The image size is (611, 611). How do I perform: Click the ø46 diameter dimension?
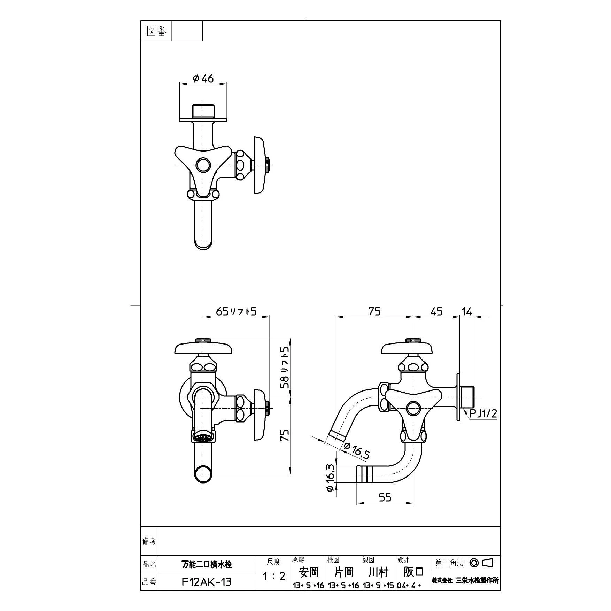pyautogui.click(x=203, y=79)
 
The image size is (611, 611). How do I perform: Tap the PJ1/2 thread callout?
pyautogui.click(x=483, y=413)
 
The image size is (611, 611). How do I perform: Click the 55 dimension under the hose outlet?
pyautogui.click(x=385, y=497)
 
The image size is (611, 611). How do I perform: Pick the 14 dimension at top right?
pyautogui.click(x=466, y=311)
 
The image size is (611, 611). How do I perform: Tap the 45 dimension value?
pyautogui.click(x=436, y=311)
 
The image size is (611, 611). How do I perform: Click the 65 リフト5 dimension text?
pyautogui.click(x=236, y=311)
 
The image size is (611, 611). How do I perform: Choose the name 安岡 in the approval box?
pyautogui.click(x=309, y=572)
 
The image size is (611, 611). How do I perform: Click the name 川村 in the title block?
pyautogui.click(x=378, y=572)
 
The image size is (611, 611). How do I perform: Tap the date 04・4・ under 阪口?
pyautogui.click(x=409, y=586)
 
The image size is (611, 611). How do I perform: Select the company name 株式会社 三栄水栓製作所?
pyautogui.click(x=465, y=580)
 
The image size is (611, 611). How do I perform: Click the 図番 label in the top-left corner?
pyautogui.click(x=157, y=31)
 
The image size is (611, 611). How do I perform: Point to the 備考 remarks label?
pyautogui.click(x=149, y=541)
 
